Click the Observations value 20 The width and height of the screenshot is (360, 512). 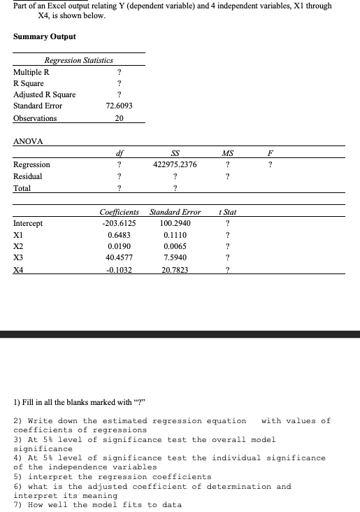119,118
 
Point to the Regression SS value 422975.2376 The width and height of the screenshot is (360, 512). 174,164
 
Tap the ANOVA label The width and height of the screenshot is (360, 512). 29,141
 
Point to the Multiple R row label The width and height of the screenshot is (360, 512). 31,72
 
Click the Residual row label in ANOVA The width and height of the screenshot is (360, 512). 28,176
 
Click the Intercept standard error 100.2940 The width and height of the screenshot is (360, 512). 174,224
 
